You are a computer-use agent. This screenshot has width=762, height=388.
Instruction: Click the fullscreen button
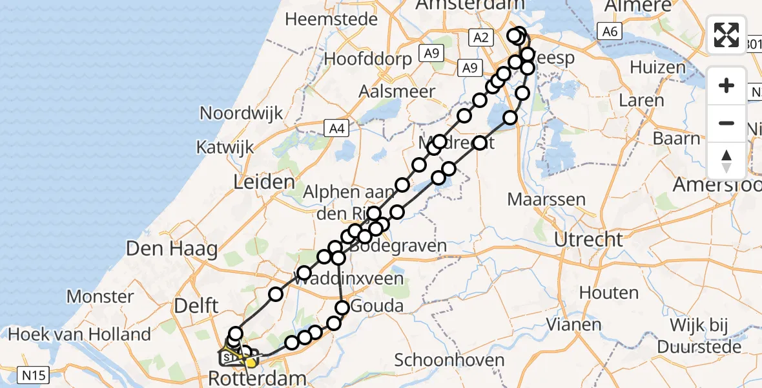tap(726, 35)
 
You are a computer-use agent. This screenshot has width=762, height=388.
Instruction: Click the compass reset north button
tap(726, 161)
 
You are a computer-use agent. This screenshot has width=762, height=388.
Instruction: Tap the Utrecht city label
tap(589, 239)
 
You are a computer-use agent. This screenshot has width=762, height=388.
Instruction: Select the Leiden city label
tap(264, 182)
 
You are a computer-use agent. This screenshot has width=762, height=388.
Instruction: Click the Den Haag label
tap(172, 248)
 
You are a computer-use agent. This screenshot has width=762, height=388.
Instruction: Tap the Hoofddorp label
tap(367, 59)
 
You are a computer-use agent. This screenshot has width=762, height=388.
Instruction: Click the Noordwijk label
tap(241, 113)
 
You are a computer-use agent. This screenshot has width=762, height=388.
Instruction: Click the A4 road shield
tap(335, 129)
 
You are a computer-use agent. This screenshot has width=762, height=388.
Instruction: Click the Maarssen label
tap(546, 199)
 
